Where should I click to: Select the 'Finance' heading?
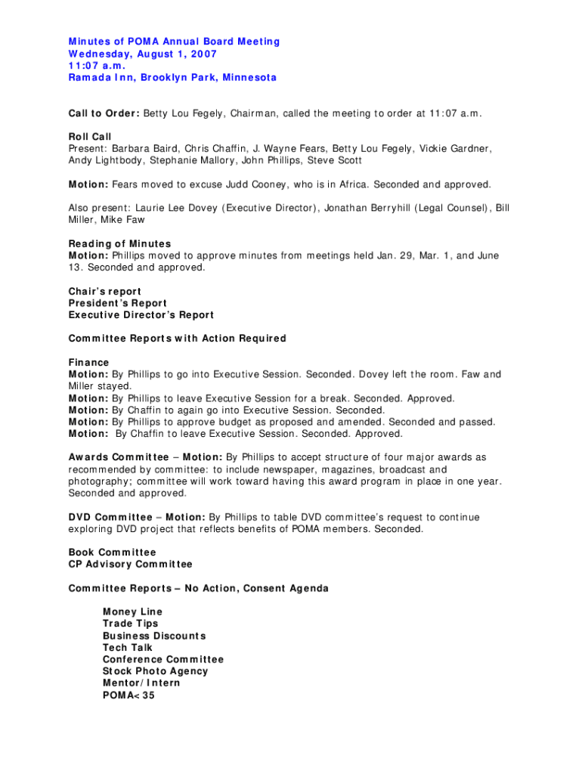[x=88, y=363]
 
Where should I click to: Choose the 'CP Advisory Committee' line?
[x=130, y=564]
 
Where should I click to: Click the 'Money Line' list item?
[x=132, y=611]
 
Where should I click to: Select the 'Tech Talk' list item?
[x=127, y=647]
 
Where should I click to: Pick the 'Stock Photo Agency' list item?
[x=155, y=671]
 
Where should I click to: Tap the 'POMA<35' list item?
[x=128, y=695]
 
